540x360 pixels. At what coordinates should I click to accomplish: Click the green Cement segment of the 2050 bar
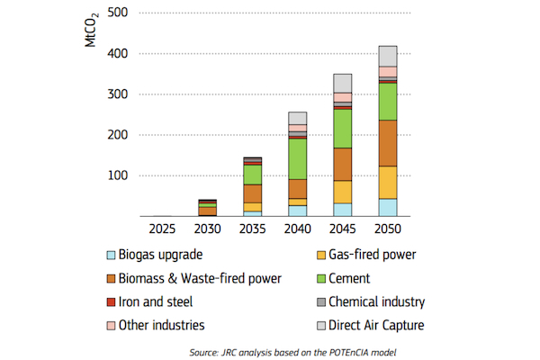(x=387, y=101)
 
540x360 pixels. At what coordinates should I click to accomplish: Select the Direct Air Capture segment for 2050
(x=387, y=55)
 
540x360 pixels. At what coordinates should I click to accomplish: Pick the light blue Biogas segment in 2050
(x=387, y=207)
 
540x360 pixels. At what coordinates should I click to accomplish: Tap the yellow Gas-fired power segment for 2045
(x=343, y=192)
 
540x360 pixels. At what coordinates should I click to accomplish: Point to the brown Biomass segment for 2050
(x=387, y=143)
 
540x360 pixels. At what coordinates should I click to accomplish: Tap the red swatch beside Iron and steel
(x=111, y=302)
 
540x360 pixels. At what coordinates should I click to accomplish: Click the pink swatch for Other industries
(x=111, y=326)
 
